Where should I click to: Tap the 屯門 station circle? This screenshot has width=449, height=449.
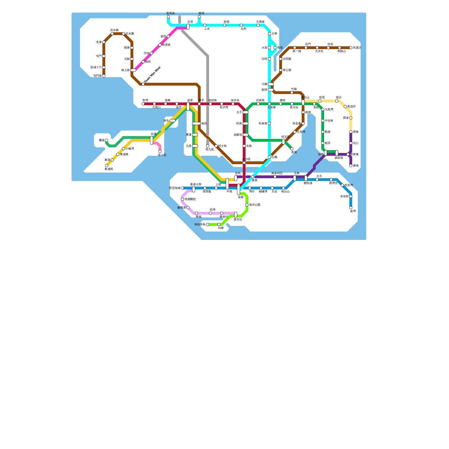[104, 56]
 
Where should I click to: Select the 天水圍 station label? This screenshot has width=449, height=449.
[130, 34]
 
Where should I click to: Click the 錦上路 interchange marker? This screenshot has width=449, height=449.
[133, 70]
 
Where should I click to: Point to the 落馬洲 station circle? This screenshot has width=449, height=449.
[168, 17]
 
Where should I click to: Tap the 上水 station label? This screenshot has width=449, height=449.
[207, 29]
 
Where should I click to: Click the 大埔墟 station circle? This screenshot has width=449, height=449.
[258, 25]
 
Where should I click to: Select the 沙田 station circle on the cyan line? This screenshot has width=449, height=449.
[269, 59]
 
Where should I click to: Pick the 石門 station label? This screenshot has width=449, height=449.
[308, 44]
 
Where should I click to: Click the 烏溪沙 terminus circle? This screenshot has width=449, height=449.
[351, 48]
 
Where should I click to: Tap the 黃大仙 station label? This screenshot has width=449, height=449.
[294, 107]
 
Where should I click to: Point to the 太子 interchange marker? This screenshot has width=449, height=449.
[246, 112]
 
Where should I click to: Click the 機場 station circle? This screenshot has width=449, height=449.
[107, 140]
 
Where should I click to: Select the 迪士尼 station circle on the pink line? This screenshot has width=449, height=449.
[160, 152]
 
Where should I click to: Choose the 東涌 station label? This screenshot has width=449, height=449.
[107, 160]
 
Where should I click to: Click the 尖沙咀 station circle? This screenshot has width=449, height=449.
[244, 163]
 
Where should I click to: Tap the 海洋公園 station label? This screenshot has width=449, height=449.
[255, 205]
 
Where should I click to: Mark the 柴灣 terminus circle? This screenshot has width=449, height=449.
[351, 208]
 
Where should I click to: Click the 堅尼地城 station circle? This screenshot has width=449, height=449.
[182, 188]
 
